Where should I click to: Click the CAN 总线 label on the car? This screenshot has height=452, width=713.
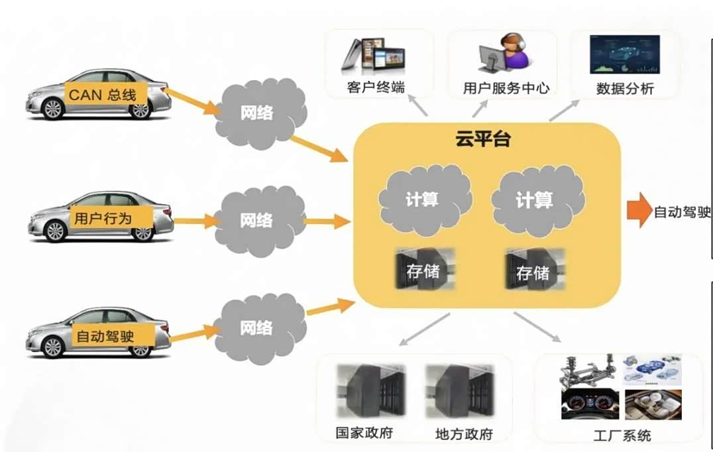click(x=102, y=95)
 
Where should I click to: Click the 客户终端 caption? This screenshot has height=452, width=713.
click(x=376, y=87)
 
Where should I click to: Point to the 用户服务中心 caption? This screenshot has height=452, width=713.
click(x=506, y=87)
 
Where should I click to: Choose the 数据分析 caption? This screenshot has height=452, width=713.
click(x=625, y=88)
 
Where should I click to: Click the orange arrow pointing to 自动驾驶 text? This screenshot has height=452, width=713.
click(x=638, y=211)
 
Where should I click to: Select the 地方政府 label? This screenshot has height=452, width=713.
click(x=464, y=434)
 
